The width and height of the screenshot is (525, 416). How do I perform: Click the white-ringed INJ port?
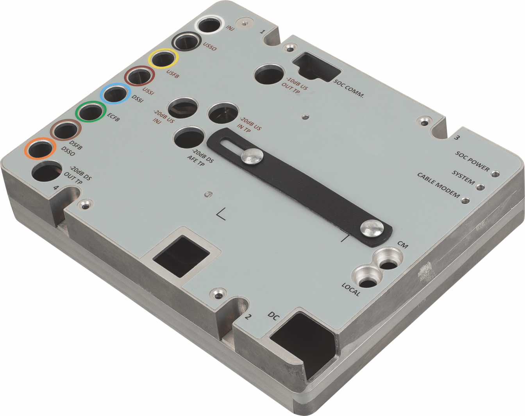(209, 25)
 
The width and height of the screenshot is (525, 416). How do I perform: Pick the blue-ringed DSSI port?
(115, 94)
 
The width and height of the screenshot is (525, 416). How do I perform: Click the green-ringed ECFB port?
(91, 112)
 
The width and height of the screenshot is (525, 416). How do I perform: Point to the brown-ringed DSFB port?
(66, 130)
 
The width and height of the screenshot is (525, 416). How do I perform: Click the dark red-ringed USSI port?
(140, 77)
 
